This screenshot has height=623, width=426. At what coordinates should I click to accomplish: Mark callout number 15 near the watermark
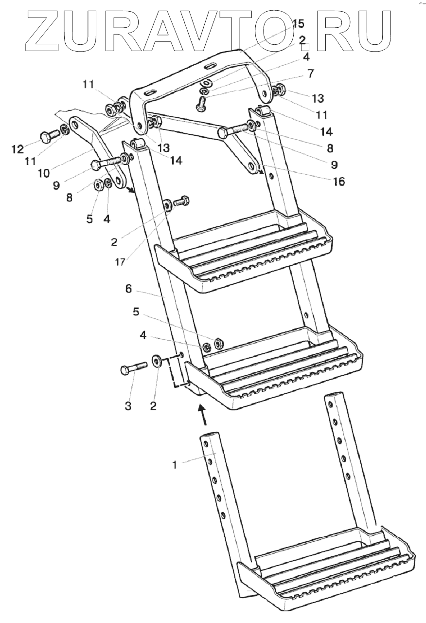coord(298,23)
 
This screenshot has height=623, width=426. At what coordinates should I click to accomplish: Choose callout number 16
coord(338,182)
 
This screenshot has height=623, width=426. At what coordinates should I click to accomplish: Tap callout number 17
coord(121,261)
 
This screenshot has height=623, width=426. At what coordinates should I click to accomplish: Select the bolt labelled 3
coord(133,368)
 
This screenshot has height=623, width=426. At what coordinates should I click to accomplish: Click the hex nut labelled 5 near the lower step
coord(218,343)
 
